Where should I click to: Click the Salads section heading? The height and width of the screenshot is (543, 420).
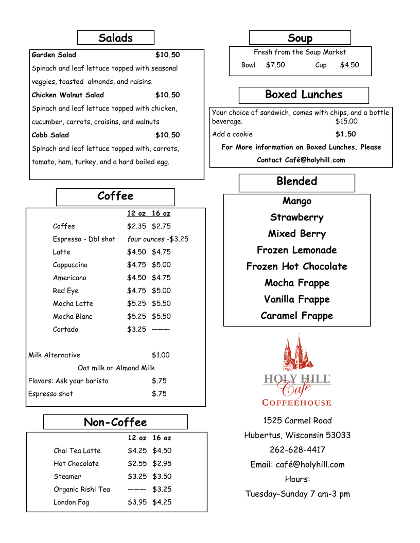click(x=115, y=38)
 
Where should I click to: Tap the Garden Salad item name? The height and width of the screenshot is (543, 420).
click(x=54, y=55)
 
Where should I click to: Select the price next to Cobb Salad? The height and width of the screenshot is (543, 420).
click(x=167, y=135)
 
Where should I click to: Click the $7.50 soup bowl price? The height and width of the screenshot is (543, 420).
click(x=275, y=65)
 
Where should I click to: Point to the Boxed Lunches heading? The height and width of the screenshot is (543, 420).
click(x=304, y=95)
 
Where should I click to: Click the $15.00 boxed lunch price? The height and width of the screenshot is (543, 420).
click(x=346, y=121)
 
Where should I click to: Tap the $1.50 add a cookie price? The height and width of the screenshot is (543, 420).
click(x=345, y=134)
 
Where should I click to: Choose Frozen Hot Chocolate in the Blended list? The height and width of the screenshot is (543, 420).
click(x=296, y=266)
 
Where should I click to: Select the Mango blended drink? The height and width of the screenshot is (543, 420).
click(x=296, y=201)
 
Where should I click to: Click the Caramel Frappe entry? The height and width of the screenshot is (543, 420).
click(x=296, y=316)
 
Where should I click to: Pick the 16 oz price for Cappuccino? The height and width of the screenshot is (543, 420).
click(x=161, y=265)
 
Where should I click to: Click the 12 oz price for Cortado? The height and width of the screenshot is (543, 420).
click(x=136, y=329)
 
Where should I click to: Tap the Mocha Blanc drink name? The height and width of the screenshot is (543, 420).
click(x=73, y=316)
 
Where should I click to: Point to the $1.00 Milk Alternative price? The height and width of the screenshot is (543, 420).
click(x=161, y=355)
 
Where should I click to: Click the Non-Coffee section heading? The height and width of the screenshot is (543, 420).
click(x=115, y=422)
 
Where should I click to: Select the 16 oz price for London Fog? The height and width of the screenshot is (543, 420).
click(x=162, y=502)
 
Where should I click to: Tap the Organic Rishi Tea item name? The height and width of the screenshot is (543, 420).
click(x=82, y=490)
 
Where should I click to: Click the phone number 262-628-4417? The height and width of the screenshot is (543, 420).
click(x=297, y=450)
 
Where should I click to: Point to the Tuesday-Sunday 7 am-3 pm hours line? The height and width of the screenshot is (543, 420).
click(x=297, y=494)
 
